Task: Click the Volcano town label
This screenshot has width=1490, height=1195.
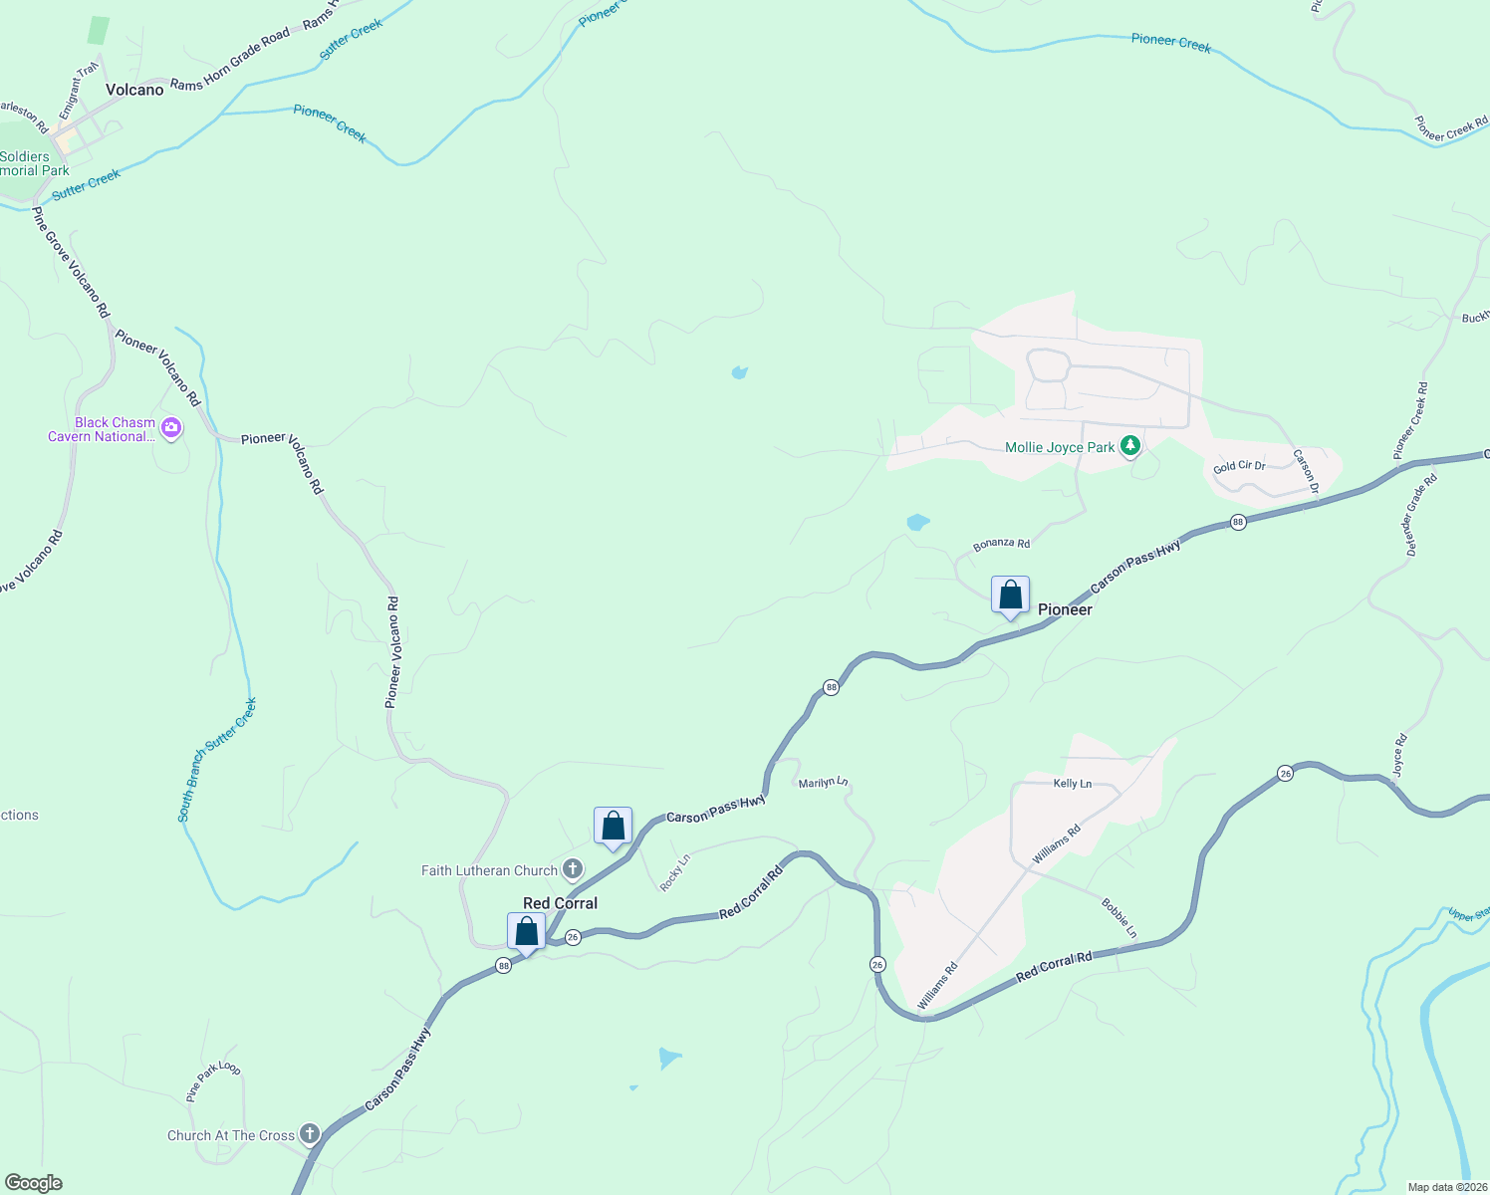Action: [134, 90]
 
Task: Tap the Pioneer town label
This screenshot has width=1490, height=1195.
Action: [1065, 609]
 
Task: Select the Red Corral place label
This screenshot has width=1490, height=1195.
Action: [560, 903]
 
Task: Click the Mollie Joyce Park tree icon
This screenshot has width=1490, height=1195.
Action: [1129, 446]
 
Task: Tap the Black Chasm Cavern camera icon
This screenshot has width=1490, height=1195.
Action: [171, 428]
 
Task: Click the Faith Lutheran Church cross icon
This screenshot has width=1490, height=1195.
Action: [573, 869]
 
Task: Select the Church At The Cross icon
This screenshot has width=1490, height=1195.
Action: [310, 1134]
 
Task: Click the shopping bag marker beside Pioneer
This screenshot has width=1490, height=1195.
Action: [1010, 596]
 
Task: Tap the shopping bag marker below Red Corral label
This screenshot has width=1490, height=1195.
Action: [526, 932]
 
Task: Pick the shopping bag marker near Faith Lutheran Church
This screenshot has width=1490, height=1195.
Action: [613, 827]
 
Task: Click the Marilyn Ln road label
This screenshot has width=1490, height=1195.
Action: [823, 783]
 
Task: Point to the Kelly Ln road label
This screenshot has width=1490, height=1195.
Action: [1072, 784]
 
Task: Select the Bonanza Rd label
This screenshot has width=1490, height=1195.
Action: [1001, 544]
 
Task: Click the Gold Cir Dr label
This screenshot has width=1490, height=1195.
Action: [1239, 466]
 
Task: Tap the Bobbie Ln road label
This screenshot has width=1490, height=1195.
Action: [1118, 918]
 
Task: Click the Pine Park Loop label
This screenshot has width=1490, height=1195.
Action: [212, 1081]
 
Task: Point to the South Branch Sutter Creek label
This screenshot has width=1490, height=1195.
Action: [217, 759]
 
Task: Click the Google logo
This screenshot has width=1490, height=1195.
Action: [34, 1182]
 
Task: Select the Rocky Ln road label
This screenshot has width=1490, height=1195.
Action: [674, 873]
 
